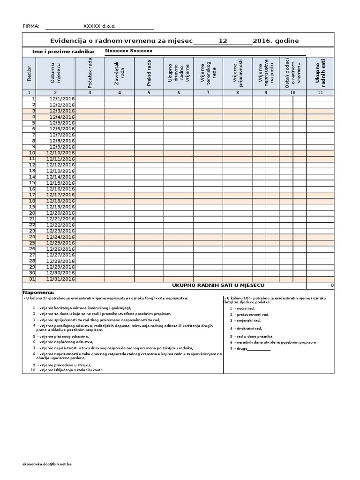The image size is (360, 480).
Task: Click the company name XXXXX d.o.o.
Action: (99, 26)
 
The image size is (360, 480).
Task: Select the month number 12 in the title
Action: (223, 41)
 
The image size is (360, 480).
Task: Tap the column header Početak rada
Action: (90, 73)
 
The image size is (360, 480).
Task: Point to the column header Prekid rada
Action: (149, 73)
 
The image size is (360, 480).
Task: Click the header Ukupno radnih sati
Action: (320, 73)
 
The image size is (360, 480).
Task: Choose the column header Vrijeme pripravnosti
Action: (238, 73)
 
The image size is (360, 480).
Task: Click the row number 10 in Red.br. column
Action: (32, 153)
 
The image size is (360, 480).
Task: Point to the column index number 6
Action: (178, 93)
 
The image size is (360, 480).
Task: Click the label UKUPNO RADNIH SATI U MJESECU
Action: (218, 285)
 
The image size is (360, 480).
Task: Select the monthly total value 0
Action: (332, 285)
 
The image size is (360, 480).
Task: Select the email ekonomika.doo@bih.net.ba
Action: (47, 464)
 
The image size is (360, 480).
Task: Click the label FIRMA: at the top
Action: (31, 26)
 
